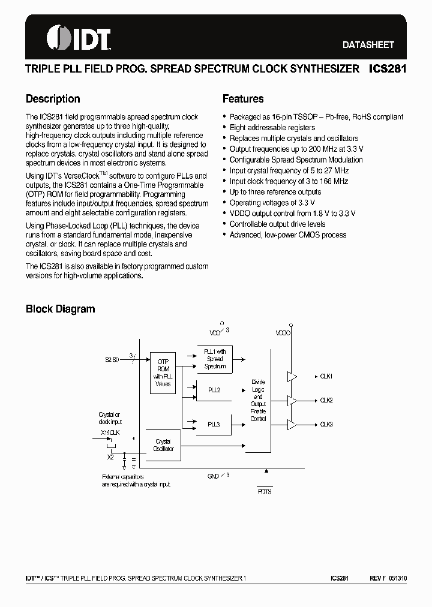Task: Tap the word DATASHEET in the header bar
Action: pyautogui.click(x=368, y=44)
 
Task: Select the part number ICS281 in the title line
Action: pyautogui.click(x=387, y=69)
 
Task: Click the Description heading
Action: pyautogui.click(x=53, y=99)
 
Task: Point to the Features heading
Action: pyautogui.click(x=243, y=99)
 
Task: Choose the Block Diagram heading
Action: pyautogui.click(x=60, y=309)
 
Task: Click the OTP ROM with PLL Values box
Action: pyautogui.click(x=163, y=372)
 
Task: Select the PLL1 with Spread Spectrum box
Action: pyautogui.click(x=214, y=359)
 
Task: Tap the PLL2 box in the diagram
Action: pyautogui.click(x=214, y=390)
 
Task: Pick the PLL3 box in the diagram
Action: pyautogui.click(x=214, y=424)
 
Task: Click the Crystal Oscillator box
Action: pyautogui.click(x=163, y=445)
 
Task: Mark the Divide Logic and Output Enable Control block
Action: pyautogui.click(x=258, y=400)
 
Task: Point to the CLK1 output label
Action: pyautogui.click(x=326, y=376)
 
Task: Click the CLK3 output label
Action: pyautogui.click(x=326, y=424)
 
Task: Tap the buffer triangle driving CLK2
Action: pyautogui.click(x=292, y=400)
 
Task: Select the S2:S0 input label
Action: pyautogui.click(x=112, y=360)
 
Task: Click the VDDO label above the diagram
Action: pyautogui.click(x=283, y=332)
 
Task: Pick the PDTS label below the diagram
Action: pyautogui.click(x=265, y=490)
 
